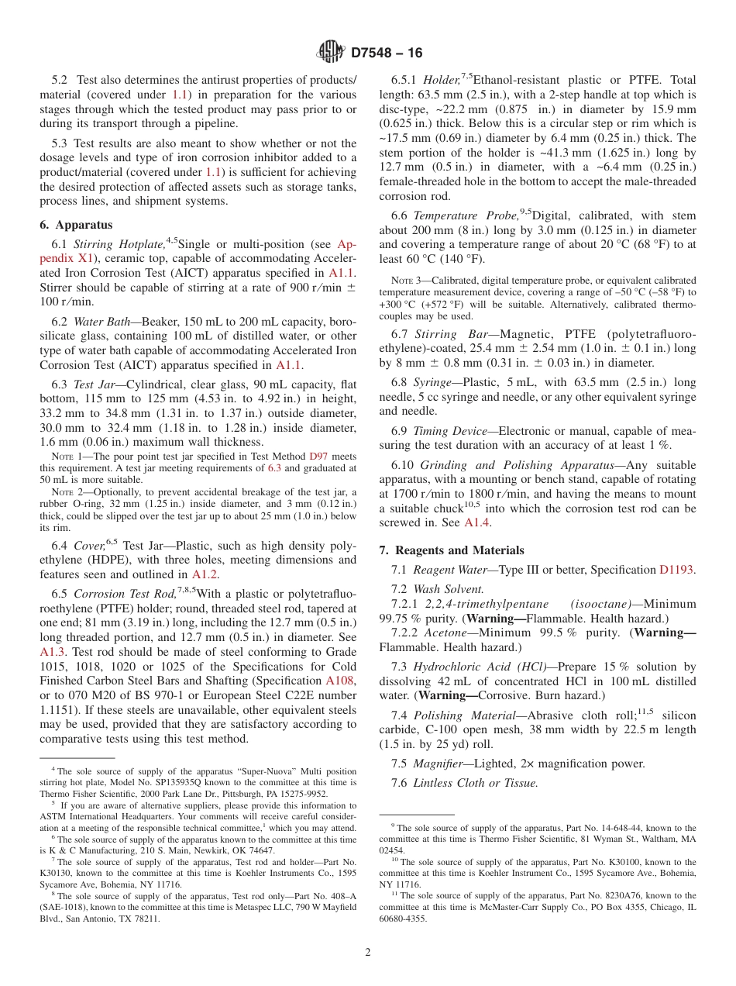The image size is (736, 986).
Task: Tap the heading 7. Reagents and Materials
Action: pos(452,550)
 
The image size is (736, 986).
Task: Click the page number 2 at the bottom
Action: pos(368,953)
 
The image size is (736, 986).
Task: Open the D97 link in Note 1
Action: pos(318,457)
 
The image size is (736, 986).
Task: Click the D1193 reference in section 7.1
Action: pos(677,570)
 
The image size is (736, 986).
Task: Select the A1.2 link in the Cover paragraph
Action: pos(205,574)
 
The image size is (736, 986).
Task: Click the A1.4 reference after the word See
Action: pos(476,523)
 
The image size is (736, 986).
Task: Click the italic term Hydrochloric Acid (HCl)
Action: pos(479,667)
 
